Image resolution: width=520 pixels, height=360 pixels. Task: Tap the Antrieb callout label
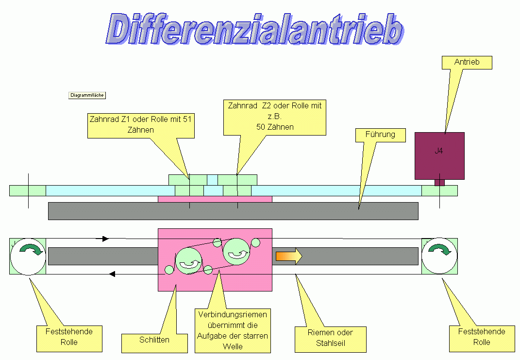pyautogui.click(x=467, y=62)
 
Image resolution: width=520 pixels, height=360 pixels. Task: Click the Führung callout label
pyautogui.click(x=381, y=135)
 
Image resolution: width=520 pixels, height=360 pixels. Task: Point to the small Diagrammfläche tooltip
pyautogui.click(x=87, y=95)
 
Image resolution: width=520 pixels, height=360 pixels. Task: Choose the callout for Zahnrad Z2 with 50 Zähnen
pyautogui.click(x=274, y=117)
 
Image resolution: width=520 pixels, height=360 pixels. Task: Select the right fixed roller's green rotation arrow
pyautogui.click(x=439, y=250)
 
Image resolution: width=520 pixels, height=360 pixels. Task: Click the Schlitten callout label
pyautogui.click(x=154, y=340)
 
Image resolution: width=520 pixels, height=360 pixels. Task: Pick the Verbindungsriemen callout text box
pyautogui.click(x=233, y=330)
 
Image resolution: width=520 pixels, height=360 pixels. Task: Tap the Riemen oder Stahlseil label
pyautogui.click(x=330, y=338)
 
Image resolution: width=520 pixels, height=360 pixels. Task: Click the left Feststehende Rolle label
pyautogui.click(x=69, y=337)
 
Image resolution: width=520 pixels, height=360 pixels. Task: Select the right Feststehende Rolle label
pyautogui.click(x=482, y=337)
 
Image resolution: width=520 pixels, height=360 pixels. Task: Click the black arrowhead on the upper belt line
pyautogui.click(x=105, y=239)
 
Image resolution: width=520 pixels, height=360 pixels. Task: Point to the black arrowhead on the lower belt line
pyautogui.click(x=112, y=274)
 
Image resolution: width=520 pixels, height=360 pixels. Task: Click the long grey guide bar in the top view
pyautogui.click(x=233, y=211)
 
